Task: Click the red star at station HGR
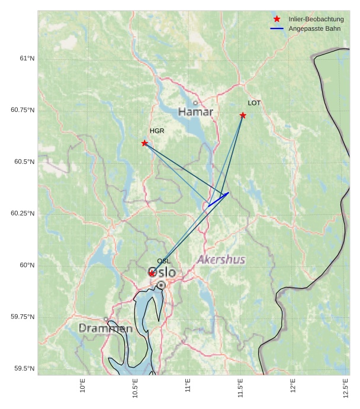tap(144, 143)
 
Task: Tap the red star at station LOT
tap(243, 115)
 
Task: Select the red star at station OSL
tap(152, 273)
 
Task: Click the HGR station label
tap(157, 131)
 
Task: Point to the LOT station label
tap(254, 103)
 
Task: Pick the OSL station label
tap(164, 261)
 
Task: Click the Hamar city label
tap(195, 112)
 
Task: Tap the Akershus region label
tap(221, 260)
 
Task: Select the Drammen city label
tap(105, 328)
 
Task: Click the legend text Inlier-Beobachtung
tap(316, 20)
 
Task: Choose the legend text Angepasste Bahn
tap(314, 28)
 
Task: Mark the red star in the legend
tap(277, 19)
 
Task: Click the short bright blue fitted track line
tap(218, 199)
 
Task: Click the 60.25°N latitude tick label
tap(22, 213)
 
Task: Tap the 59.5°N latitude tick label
tap(24, 369)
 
